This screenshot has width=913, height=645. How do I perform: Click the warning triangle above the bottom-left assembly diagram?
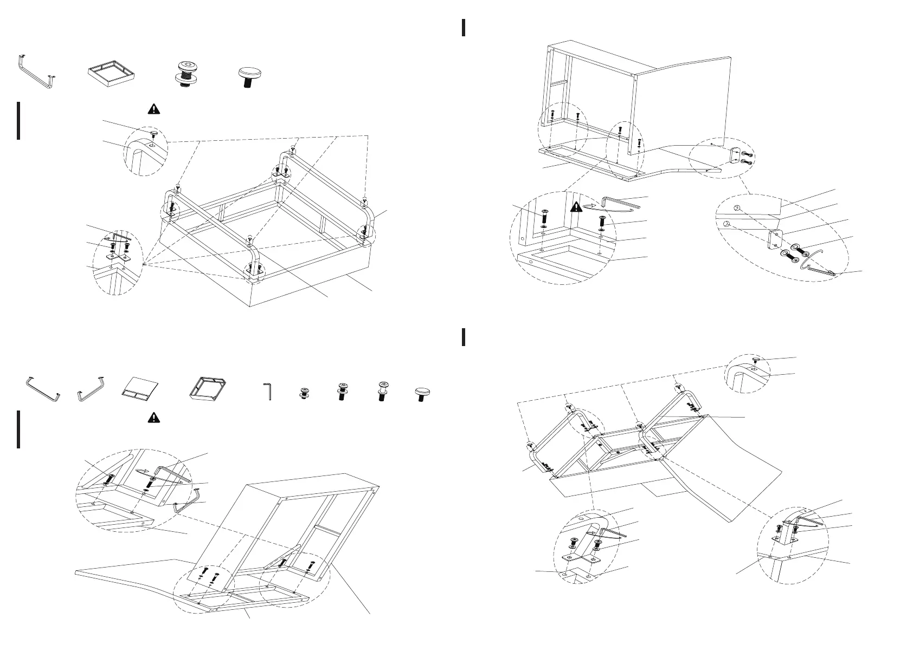[x=154, y=417]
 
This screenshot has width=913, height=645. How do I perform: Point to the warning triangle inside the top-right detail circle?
[x=576, y=206]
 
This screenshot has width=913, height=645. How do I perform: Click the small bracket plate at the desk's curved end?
[x=736, y=155]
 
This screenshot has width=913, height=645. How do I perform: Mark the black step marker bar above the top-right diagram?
[x=464, y=28]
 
